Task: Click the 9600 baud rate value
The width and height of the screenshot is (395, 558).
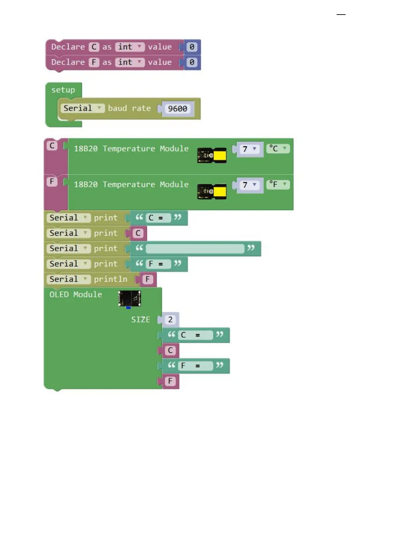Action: click(177, 109)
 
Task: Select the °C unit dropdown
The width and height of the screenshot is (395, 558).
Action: click(278, 148)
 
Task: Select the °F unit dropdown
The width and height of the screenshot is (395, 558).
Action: click(278, 184)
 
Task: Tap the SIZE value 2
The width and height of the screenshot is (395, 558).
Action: click(170, 319)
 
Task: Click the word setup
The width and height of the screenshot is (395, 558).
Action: click(63, 90)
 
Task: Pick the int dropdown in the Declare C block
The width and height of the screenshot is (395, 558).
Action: click(130, 47)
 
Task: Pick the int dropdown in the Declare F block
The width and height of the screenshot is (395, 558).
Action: click(130, 62)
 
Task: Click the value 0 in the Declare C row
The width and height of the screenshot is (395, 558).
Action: click(192, 47)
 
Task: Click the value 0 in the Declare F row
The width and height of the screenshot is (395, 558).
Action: click(192, 62)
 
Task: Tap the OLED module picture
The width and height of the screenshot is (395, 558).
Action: click(130, 299)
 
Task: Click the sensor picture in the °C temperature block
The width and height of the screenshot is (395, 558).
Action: click(212, 155)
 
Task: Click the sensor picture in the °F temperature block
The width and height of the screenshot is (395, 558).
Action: click(212, 192)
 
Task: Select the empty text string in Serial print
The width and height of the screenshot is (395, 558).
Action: click(195, 249)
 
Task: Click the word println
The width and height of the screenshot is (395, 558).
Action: click(110, 279)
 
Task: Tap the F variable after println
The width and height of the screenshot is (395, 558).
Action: click(148, 279)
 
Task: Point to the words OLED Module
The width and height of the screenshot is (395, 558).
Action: click(76, 294)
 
